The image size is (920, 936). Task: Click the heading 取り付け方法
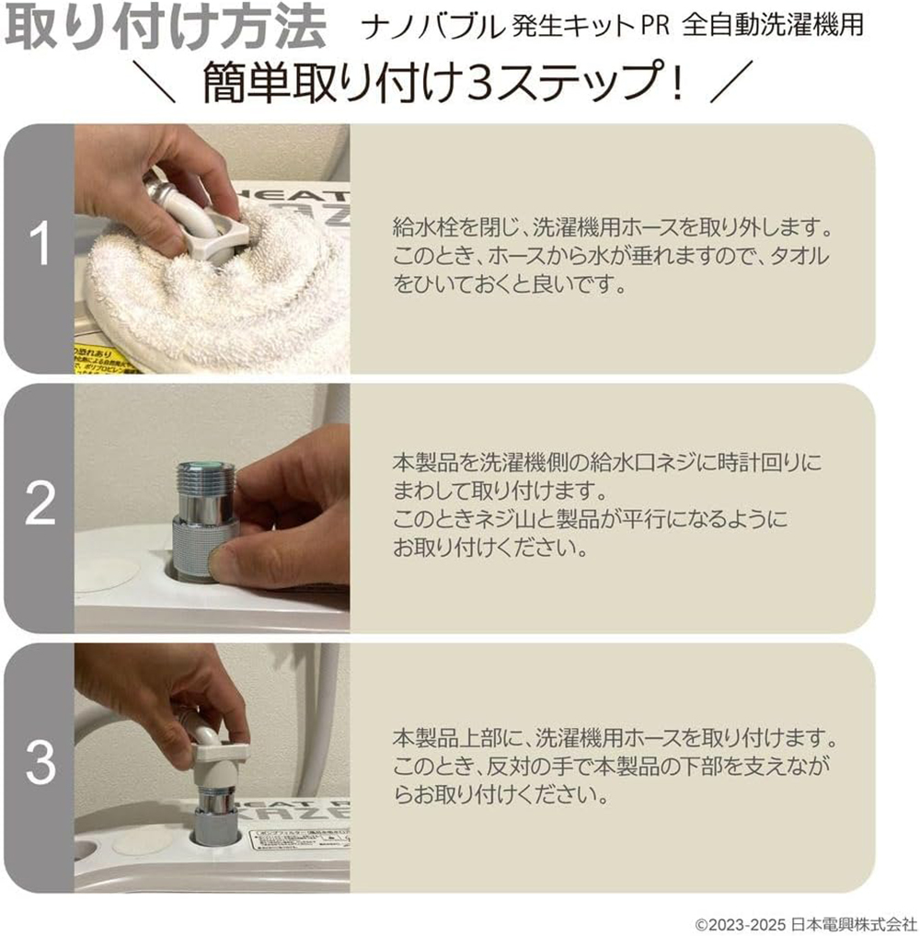coord(166,29)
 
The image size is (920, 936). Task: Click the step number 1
coord(38,248)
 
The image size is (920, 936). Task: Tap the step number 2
coord(38,505)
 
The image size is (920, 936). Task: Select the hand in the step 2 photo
coord(285,515)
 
